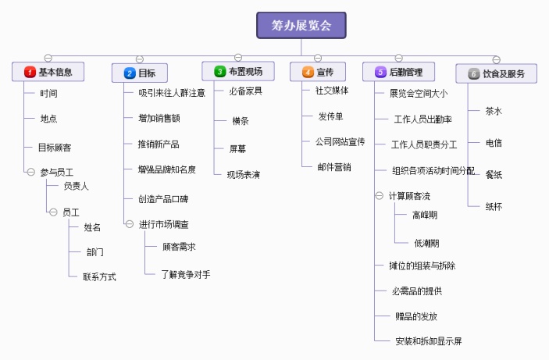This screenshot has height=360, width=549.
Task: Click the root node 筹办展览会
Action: point(301,25)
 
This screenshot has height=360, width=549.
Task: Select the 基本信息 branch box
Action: point(48,73)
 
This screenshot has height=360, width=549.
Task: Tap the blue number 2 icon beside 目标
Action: point(130,73)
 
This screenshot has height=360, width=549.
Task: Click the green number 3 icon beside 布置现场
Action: point(220,72)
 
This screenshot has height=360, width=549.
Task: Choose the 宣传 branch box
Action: point(318,73)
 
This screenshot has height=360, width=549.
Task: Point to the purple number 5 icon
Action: point(381,73)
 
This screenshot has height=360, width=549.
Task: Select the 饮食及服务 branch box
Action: point(497,73)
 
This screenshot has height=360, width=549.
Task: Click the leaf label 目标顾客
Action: point(55,147)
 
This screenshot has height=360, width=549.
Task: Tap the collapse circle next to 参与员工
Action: point(30,171)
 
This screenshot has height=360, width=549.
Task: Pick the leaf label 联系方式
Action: point(99,276)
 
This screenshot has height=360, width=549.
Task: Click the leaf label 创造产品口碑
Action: point(163,198)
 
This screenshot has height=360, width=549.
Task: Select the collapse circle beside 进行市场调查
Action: point(130,224)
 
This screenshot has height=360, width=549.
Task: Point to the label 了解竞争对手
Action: point(186,274)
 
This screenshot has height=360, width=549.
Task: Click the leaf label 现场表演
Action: point(244,174)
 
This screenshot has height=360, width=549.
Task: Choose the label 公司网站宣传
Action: point(340,142)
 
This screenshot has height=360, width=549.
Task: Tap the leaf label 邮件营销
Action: point(334,166)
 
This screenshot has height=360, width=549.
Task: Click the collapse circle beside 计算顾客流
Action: point(380,195)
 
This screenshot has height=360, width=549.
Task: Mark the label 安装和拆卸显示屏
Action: point(429,341)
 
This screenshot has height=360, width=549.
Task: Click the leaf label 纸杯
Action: point(494,206)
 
